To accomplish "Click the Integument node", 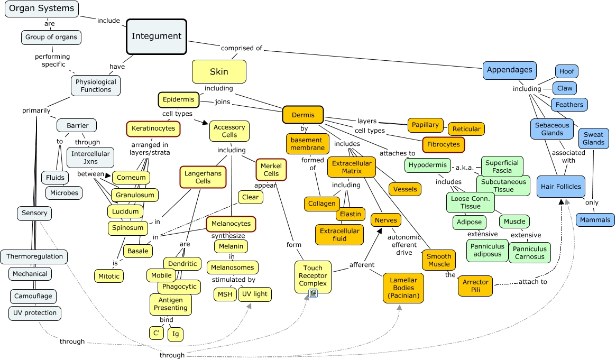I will pyautogui.click(x=157, y=36).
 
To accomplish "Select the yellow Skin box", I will pyautogui.click(x=219, y=72).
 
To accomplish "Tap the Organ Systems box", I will pyautogui.click(x=41, y=8).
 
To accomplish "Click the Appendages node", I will pyautogui.click(x=509, y=70).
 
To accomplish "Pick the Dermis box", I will pyautogui.click(x=303, y=115).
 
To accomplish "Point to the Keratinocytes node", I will pyautogui.click(x=153, y=128).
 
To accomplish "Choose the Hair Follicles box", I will pyautogui.click(x=560, y=187).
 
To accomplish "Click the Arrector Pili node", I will pyautogui.click(x=475, y=286).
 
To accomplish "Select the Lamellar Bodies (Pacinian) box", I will pyautogui.click(x=404, y=288).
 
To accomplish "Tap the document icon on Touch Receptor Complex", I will pyautogui.click(x=312, y=293).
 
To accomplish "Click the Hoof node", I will pyautogui.click(x=566, y=71).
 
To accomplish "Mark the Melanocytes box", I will pyautogui.click(x=231, y=224).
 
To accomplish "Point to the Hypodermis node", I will pyautogui.click(x=428, y=165).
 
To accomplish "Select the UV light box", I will pyautogui.click(x=255, y=294).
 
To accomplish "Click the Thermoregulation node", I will pyautogui.click(x=34, y=257).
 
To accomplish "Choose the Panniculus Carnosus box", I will pyautogui.click(x=529, y=253).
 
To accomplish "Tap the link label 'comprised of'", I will pyautogui.click(x=242, y=48).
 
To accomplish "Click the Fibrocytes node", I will pyautogui.click(x=444, y=144).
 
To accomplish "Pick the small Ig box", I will pyautogui.click(x=176, y=334).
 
